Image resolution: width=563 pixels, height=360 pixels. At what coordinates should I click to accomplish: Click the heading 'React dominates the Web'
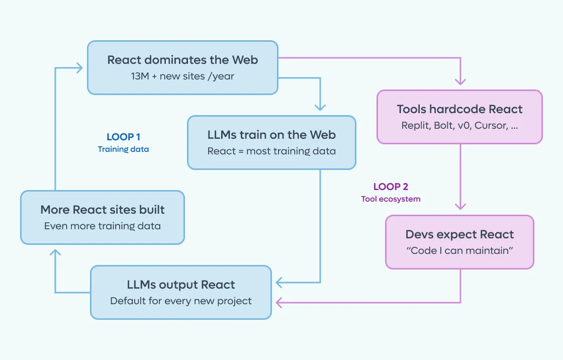pyautogui.click(x=182, y=60)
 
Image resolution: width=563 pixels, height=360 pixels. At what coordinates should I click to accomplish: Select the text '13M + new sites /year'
pyautogui.click(x=182, y=76)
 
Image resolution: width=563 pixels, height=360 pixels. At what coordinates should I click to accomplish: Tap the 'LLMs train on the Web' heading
pyautogui.click(x=271, y=135)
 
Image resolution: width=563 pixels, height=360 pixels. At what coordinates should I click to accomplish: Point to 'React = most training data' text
pyautogui.click(x=271, y=151)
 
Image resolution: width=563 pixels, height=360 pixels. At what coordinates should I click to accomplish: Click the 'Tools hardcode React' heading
pyautogui.click(x=459, y=109)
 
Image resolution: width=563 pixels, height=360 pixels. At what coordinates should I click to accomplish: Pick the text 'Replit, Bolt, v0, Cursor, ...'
pyautogui.click(x=459, y=125)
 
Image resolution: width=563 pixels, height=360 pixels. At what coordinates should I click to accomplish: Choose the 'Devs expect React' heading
pyautogui.click(x=459, y=234)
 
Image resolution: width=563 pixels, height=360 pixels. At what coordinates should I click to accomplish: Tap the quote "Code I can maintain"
pyautogui.click(x=459, y=250)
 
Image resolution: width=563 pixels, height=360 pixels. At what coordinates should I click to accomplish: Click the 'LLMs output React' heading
pyautogui.click(x=180, y=285)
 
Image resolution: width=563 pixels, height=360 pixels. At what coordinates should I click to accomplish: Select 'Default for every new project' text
pyautogui.click(x=180, y=301)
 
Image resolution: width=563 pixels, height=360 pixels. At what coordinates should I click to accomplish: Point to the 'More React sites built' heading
pyautogui.click(x=103, y=210)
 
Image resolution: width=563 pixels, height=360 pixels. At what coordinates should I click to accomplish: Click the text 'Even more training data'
pyautogui.click(x=103, y=226)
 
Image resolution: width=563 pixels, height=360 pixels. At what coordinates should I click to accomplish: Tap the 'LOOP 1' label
pyautogui.click(x=123, y=137)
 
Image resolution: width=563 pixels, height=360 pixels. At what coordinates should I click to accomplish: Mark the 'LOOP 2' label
pyautogui.click(x=391, y=187)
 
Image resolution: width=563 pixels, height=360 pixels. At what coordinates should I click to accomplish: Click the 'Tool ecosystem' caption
pyautogui.click(x=391, y=199)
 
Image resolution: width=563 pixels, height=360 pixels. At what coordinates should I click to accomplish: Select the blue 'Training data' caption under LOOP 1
pyautogui.click(x=123, y=149)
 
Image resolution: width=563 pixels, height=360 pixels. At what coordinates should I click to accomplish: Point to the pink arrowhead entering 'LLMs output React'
pyautogui.click(x=279, y=303)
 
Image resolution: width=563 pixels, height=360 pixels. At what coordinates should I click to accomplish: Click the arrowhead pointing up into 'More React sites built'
pyautogui.click(x=55, y=252)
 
